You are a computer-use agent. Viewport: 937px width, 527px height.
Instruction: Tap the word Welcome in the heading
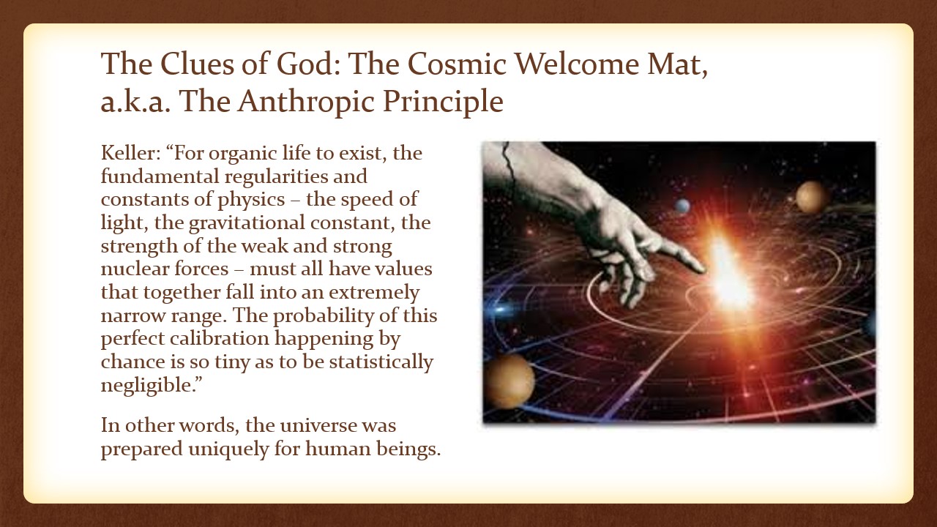[x=577, y=64]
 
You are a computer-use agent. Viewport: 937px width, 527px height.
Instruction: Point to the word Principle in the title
[x=443, y=102]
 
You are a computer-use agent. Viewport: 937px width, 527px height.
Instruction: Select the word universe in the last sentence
[x=318, y=426]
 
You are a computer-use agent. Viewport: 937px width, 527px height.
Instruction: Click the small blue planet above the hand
[x=682, y=206]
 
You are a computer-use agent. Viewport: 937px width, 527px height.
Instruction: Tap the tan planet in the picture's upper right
[x=810, y=197]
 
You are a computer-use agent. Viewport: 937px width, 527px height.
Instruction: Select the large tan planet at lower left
[x=509, y=381]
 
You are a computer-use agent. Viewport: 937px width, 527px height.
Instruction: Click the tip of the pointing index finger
[x=705, y=270]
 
